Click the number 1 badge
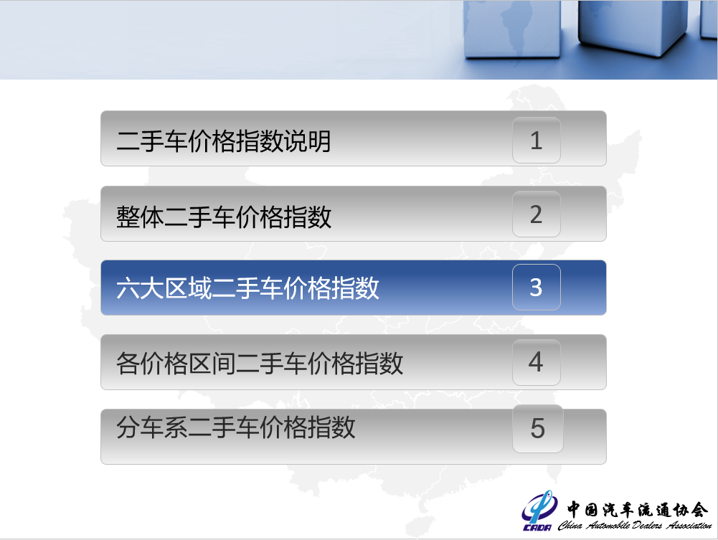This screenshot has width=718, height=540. pos(537,140)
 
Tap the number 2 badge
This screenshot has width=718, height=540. pos(537,214)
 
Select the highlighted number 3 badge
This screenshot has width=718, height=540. pos(537,288)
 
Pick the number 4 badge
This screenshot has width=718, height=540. pos(537,362)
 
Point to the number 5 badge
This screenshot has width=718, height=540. pos(537,429)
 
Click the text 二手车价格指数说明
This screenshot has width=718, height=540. pos(224,141)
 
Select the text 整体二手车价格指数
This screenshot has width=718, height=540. pos(224,217)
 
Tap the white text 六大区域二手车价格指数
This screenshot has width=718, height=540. pos(247,288)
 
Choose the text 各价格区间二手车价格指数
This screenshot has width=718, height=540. pos(260,364)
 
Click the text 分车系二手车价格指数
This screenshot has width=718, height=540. pos(236,427)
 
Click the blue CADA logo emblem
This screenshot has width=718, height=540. pos(540,506)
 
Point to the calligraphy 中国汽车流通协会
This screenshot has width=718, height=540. pos(638,509)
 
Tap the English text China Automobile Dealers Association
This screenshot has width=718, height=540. pos(635,525)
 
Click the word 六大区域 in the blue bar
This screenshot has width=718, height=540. pos(164,288)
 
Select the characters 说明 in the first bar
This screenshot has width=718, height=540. pos(307,141)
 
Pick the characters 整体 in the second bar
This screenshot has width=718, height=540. pos(140,217)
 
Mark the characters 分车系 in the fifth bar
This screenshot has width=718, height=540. pos(152,427)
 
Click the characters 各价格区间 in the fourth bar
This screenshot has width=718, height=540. pos(176,364)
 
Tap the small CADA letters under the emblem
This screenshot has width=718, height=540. pos(537,528)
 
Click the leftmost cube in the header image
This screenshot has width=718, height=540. pos(512,29)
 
